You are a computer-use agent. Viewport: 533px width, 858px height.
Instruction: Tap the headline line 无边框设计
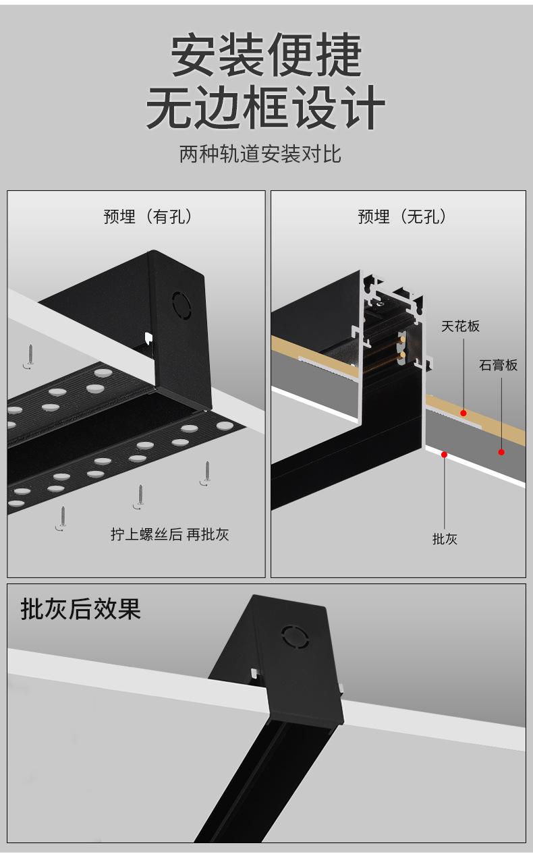[x=266, y=107]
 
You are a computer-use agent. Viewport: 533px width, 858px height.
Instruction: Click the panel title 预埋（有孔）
[x=149, y=217]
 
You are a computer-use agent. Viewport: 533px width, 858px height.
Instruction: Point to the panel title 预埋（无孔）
[x=403, y=217]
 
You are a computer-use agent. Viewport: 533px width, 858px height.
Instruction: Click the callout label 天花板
[x=461, y=326]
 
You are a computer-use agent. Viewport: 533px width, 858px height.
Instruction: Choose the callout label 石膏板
[x=499, y=365]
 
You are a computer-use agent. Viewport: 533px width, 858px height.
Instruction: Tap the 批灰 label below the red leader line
[x=445, y=538]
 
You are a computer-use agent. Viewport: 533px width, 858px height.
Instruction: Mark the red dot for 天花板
[x=464, y=412]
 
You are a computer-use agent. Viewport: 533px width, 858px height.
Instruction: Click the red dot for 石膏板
[x=501, y=451]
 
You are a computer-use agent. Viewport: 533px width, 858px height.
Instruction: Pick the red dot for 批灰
[x=444, y=454]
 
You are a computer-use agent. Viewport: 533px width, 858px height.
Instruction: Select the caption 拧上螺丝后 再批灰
[x=170, y=535]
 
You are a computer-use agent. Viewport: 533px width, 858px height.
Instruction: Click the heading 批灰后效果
[x=81, y=609]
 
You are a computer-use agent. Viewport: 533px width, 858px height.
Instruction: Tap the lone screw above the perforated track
[x=30, y=355]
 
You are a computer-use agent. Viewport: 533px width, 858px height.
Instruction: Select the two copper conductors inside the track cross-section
[x=403, y=347]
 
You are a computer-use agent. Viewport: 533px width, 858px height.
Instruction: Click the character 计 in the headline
[x=365, y=107]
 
